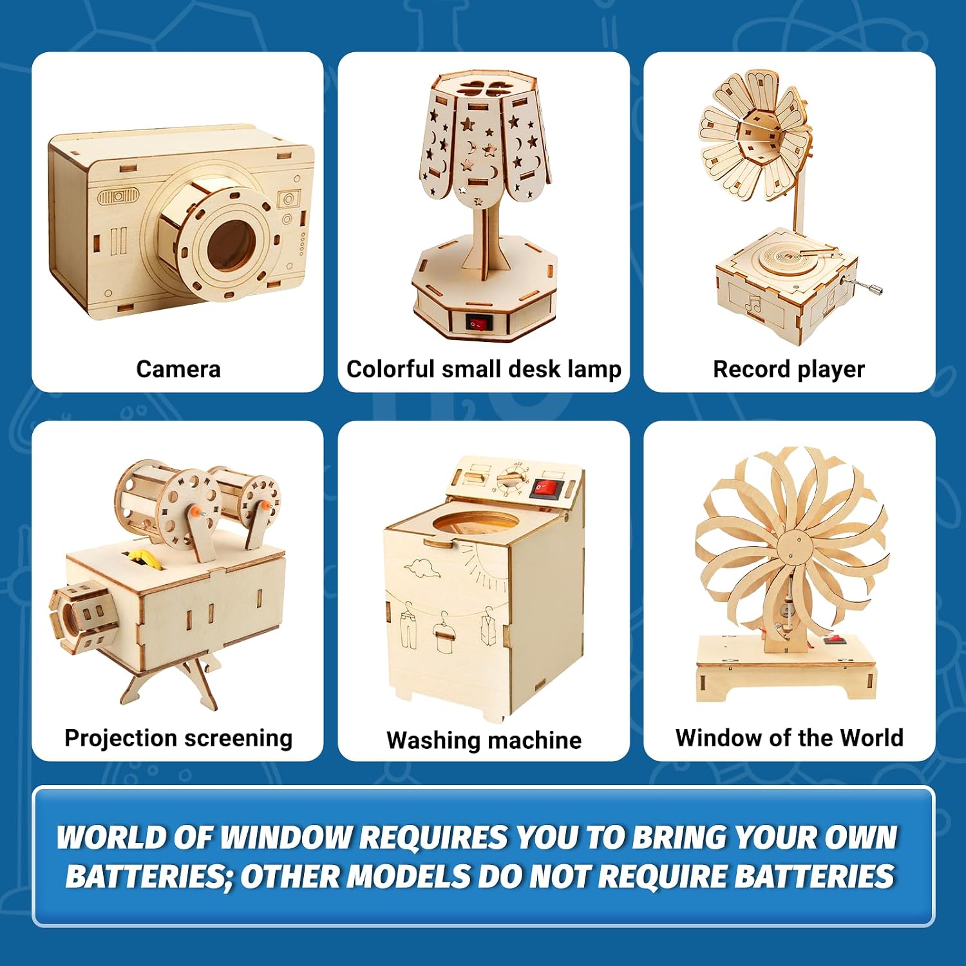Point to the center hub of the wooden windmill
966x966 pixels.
792,553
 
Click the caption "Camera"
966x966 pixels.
178,369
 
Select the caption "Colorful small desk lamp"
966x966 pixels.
484,370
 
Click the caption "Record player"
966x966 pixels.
789,370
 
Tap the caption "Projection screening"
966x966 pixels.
178,738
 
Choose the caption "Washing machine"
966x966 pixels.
484,741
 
